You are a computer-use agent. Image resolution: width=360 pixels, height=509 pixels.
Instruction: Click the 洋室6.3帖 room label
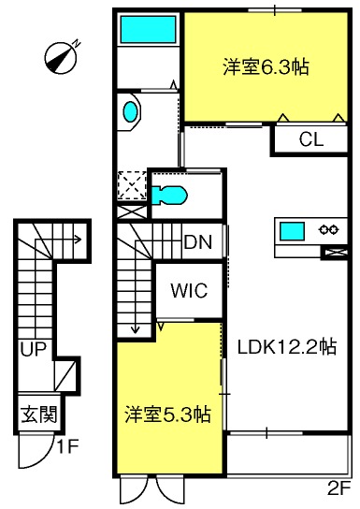pyautogui.click(x=266, y=67)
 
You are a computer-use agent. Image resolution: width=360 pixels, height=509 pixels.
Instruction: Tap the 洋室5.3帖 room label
pyautogui.click(x=168, y=414)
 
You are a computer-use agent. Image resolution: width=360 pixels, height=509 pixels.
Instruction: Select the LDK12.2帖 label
pyautogui.click(x=287, y=347)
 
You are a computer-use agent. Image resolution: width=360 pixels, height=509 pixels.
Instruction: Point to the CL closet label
pyautogui.click(x=311, y=139)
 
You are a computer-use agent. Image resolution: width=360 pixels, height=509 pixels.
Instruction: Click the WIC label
pyautogui.click(x=189, y=290)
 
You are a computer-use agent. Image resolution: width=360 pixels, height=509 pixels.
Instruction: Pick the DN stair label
pyautogui.click(x=198, y=241)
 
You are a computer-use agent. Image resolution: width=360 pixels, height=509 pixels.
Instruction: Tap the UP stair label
pyautogui.click(x=34, y=349)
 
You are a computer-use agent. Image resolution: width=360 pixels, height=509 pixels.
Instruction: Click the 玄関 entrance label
pyautogui.click(x=39, y=414)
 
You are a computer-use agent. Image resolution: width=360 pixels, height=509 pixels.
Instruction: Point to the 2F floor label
pyautogui.click(x=339, y=498)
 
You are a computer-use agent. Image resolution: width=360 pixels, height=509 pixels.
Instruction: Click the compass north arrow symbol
pyautogui.click(x=62, y=57)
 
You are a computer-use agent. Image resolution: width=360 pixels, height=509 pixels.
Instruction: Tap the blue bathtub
pyautogui.click(x=149, y=29)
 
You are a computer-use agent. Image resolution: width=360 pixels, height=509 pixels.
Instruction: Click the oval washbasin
pyautogui.click(x=130, y=111)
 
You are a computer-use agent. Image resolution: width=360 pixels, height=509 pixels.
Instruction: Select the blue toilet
pyautogui.click(x=169, y=196)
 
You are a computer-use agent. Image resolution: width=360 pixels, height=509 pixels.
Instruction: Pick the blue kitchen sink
pyautogui.click(x=292, y=231)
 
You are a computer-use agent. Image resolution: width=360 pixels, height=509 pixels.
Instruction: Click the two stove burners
pyautogui.click(x=329, y=230)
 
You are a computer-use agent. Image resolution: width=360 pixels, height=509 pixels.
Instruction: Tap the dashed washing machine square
pyautogui.click(x=131, y=185)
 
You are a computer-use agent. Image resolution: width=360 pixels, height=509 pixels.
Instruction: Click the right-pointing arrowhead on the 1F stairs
pyautogui.click(x=78, y=240)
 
